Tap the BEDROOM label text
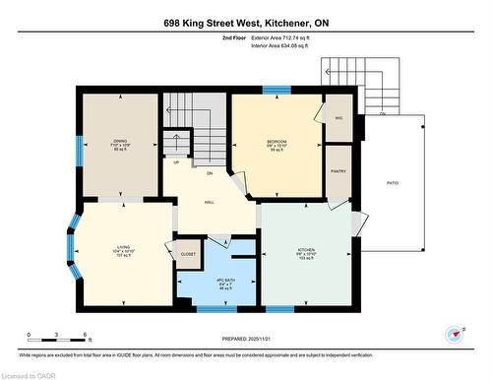277,142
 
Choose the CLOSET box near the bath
187,254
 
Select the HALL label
210,202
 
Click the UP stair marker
176,162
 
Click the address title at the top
245,23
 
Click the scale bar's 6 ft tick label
88,337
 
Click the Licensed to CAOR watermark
30,374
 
